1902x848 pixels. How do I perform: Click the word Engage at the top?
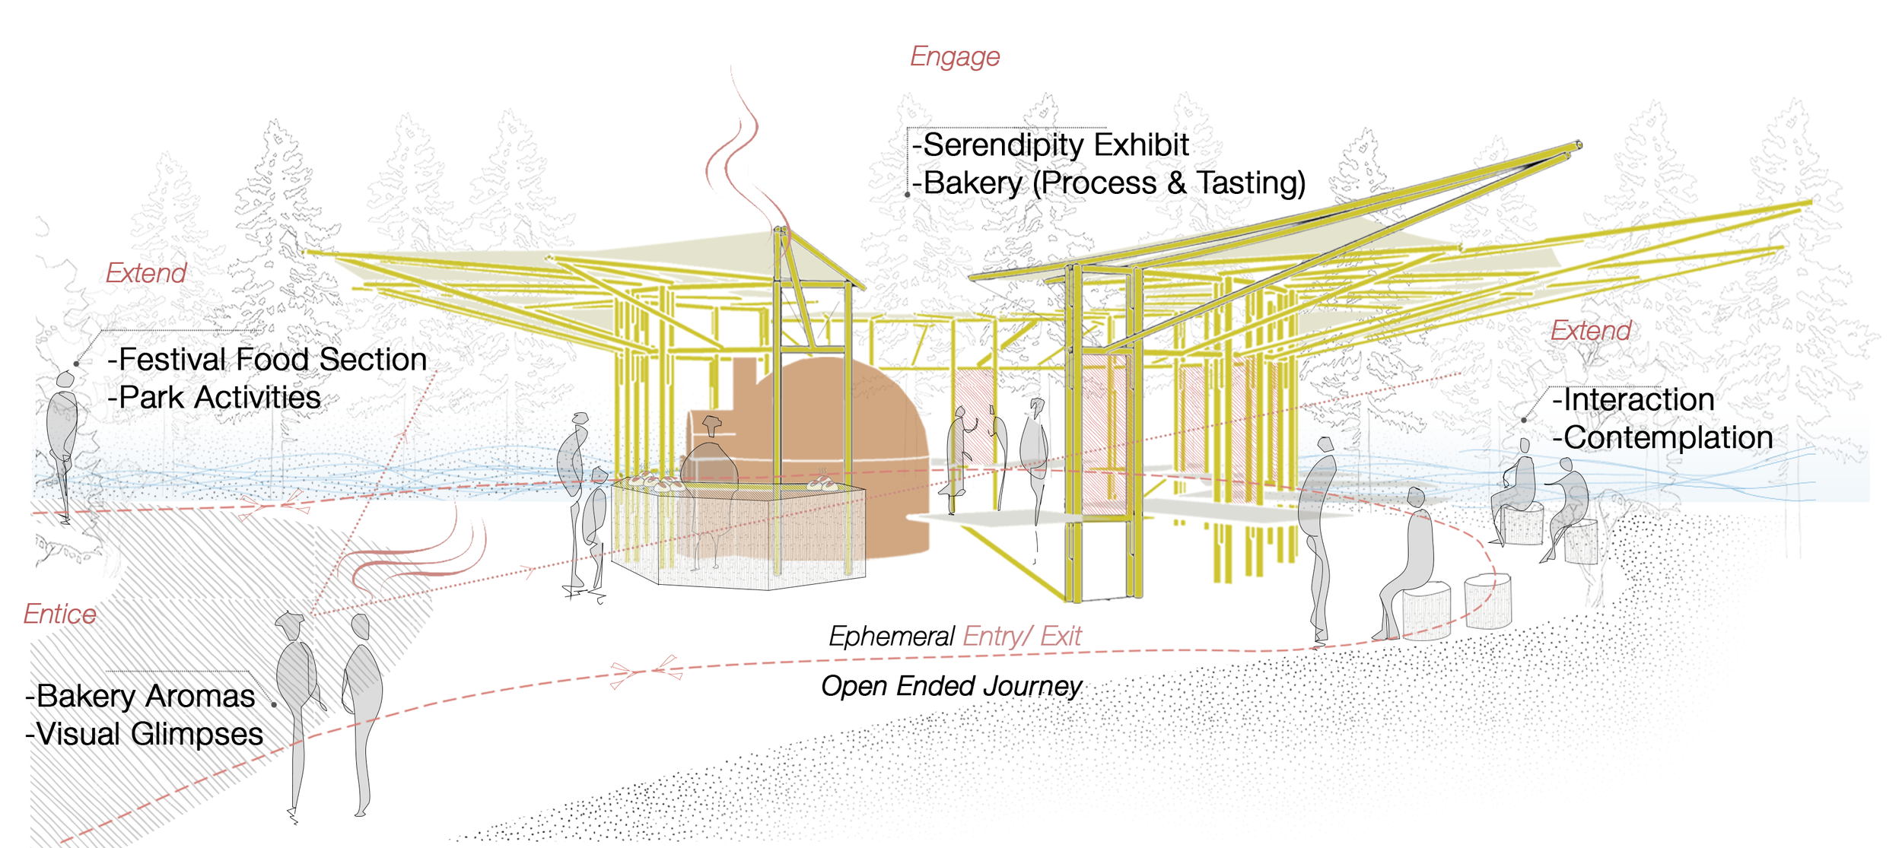coord(955,57)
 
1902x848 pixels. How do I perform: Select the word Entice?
coord(60,615)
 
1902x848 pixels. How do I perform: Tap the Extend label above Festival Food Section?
coord(146,273)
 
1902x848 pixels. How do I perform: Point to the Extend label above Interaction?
coord(1591,331)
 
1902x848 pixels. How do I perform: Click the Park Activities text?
coord(219,398)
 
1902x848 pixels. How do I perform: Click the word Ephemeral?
coord(891,637)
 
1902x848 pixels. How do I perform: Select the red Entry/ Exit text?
coord(1022,637)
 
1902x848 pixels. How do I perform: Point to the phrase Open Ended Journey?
coord(951,686)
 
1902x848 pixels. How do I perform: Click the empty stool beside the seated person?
coord(1488,601)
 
